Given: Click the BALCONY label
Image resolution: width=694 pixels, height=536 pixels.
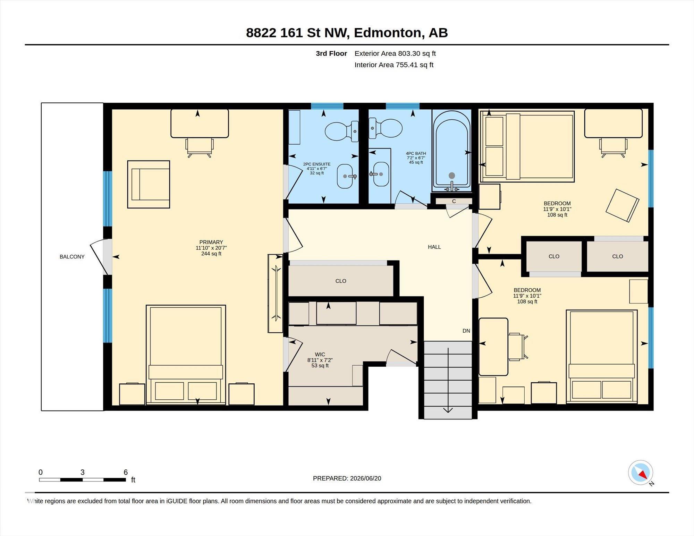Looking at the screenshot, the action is [72, 257].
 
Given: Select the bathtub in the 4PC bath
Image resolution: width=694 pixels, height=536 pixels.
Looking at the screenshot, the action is [451, 151].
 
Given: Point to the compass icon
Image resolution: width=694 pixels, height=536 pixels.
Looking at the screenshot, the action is [641, 473].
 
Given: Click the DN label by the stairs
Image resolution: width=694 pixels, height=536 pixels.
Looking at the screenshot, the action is [466, 331].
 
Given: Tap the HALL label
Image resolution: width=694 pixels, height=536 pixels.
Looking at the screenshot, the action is [434, 247].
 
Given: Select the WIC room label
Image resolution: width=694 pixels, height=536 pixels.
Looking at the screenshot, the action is [320, 355].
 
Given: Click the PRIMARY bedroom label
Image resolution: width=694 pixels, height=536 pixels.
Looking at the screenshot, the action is [211, 242].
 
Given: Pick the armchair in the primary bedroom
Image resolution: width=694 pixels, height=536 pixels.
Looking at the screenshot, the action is [149, 184].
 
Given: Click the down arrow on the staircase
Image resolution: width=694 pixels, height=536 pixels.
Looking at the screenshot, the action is [448, 380].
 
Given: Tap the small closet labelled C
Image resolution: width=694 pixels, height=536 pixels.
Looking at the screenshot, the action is [454, 201].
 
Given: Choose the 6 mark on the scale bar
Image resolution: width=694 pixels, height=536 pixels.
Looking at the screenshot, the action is [126, 472].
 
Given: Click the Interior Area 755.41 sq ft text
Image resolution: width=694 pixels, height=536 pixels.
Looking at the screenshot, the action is [394, 65].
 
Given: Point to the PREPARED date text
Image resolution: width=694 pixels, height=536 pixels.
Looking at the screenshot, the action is [347, 478].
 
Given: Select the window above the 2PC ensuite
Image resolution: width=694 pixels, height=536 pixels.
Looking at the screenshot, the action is [327, 106].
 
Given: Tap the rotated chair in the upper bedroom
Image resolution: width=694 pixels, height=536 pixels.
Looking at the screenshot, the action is [622, 205].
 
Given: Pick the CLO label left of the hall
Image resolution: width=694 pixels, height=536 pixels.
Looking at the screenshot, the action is [341, 281].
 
